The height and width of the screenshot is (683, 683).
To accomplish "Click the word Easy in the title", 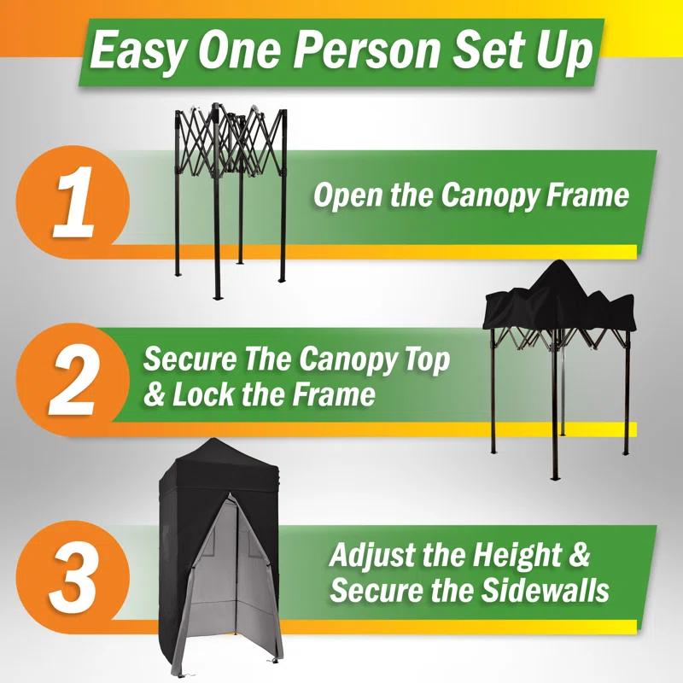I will pyautogui.click(x=138, y=51).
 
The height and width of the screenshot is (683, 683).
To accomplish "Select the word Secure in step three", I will pyautogui.click(x=370, y=590).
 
